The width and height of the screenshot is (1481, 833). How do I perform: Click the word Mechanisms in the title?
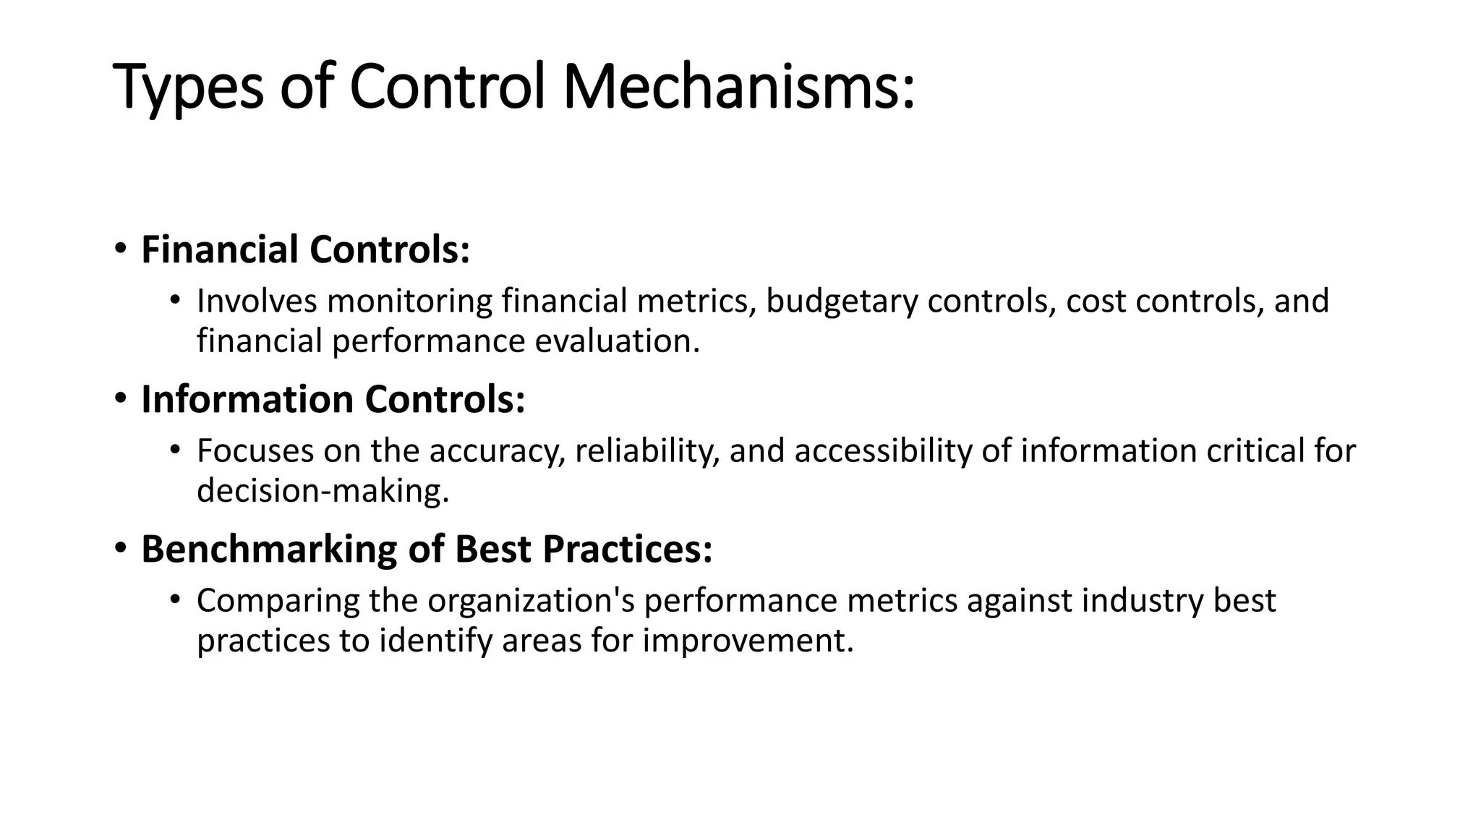[x=738, y=87]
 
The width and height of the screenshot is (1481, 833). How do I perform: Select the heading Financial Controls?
[x=305, y=249]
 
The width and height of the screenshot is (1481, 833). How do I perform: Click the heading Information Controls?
[x=333, y=399]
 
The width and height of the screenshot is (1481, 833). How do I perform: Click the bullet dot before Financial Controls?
[x=120, y=249]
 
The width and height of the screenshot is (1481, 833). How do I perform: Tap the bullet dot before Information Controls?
[x=120, y=399]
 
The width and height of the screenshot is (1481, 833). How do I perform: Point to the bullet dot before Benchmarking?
[x=120, y=549]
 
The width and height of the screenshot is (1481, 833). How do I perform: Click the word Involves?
[x=257, y=301]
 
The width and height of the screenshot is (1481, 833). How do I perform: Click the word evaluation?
[x=617, y=341]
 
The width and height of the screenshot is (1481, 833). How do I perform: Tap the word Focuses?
[x=255, y=450]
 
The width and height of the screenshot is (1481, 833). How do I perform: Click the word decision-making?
[x=323, y=491]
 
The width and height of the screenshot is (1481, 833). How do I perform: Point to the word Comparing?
[x=278, y=601]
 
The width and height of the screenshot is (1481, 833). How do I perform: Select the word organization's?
[x=531, y=601]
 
